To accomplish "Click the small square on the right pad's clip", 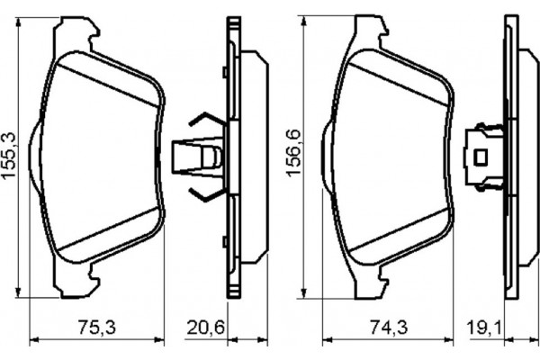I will tap(481, 157).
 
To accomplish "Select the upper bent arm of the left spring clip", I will tap(202, 121).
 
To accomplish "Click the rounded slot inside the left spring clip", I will tap(211, 157).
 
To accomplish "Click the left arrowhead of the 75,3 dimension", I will tap(35, 339).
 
